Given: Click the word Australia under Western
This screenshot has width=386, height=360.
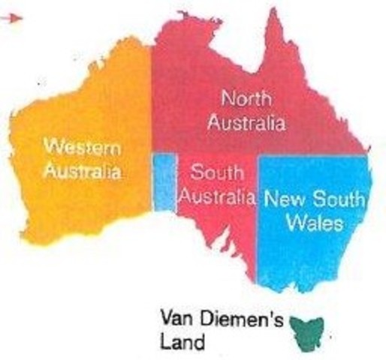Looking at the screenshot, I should [x=81, y=170].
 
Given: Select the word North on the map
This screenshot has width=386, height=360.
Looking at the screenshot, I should [x=245, y=97].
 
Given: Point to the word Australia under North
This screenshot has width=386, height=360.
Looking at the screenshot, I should [x=246, y=123].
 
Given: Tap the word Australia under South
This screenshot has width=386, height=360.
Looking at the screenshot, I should [x=217, y=198].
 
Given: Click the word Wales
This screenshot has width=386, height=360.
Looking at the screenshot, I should [x=317, y=223].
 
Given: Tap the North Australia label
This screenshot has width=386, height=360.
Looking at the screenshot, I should [x=246, y=110].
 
